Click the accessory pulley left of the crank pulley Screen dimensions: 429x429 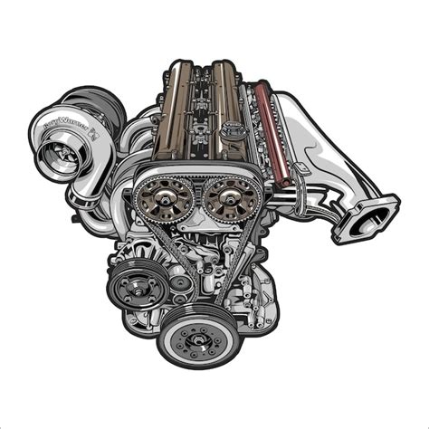(x=135, y=286)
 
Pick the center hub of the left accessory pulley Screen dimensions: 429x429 (x=135, y=286)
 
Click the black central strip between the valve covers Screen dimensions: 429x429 (x=200, y=109)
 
